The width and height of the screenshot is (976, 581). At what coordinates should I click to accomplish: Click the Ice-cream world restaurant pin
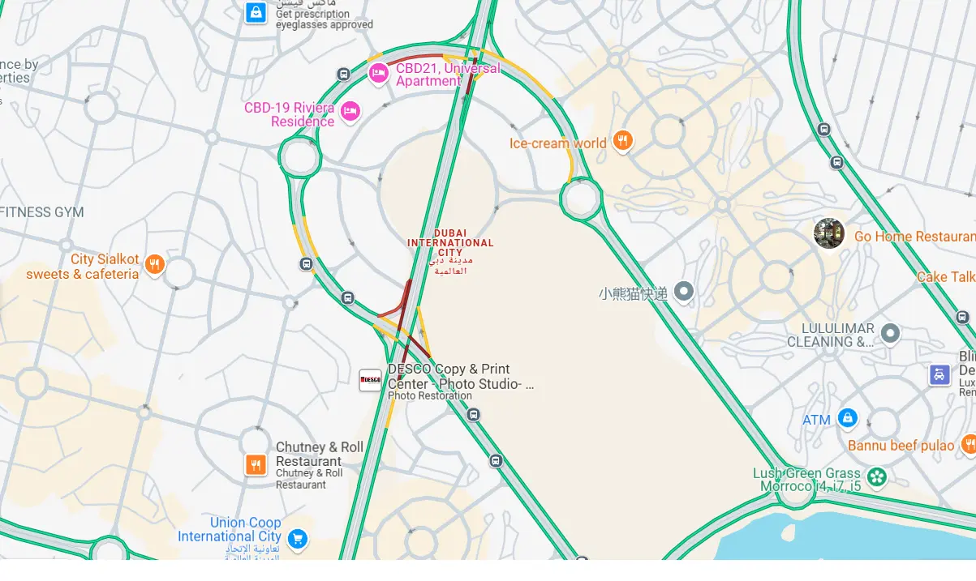coord(622,142)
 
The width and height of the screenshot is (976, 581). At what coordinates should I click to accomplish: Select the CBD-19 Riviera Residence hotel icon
coord(350,111)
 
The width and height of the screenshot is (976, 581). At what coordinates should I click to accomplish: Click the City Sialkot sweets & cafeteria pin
coord(154,264)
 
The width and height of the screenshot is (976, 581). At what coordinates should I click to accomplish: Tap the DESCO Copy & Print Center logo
coord(370,379)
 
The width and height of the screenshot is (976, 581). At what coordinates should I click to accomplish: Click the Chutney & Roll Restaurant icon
coord(256,464)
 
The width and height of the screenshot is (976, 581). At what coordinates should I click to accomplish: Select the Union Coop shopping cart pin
coord(297,538)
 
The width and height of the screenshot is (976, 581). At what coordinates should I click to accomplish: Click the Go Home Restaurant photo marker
coord(829,233)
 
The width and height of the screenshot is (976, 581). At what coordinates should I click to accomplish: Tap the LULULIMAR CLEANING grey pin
coord(890,333)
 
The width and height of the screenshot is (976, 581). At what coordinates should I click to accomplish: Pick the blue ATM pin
coord(847,418)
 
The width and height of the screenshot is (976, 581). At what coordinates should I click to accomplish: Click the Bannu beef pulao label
coord(901,446)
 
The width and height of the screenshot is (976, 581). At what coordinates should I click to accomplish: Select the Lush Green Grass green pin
coord(876,476)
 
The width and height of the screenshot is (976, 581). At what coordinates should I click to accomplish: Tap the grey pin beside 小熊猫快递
coord(684,291)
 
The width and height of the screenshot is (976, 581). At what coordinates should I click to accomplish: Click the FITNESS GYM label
coord(42,212)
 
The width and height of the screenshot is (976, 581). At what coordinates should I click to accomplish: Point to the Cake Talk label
coord(946,277)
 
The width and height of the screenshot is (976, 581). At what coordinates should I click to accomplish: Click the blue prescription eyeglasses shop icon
coord(256,12)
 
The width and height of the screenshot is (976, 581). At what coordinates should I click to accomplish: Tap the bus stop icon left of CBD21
coord(343,75)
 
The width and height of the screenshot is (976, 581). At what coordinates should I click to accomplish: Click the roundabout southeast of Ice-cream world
coord(581,198)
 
